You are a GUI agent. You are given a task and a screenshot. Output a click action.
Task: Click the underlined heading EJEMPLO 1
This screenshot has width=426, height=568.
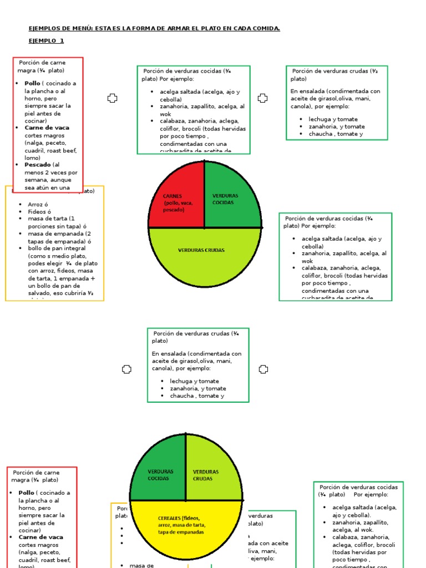coord(47,41)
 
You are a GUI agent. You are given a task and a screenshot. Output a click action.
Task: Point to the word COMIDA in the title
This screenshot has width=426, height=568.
coord(265,28)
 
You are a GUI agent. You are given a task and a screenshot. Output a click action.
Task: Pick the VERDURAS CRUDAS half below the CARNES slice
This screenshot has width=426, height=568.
coord(204,255)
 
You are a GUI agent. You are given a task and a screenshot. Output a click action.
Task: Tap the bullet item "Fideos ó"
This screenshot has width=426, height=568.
coord(39,212)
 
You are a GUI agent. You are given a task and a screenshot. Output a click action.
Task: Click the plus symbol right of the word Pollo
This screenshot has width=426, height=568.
coord(112,98)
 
